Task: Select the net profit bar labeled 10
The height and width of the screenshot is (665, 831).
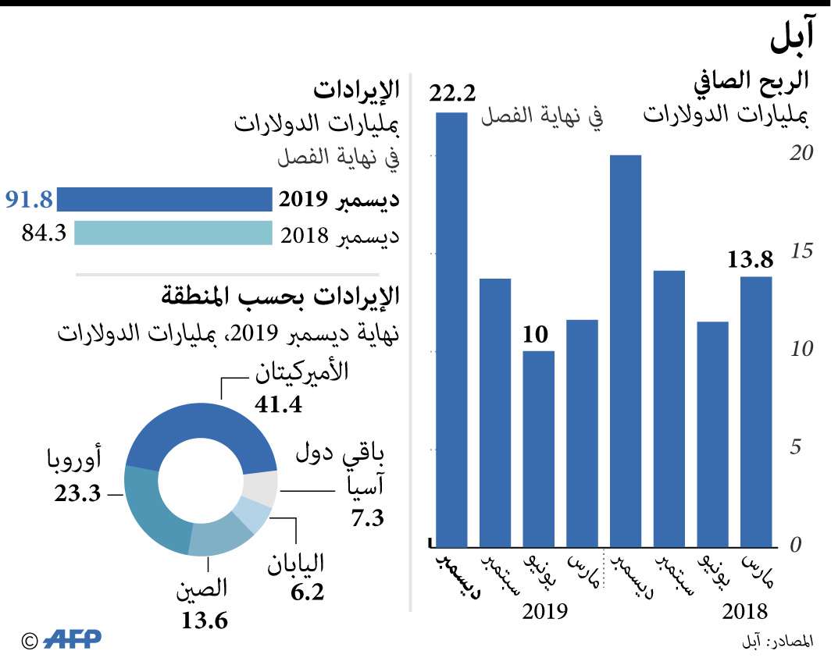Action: (538, 450)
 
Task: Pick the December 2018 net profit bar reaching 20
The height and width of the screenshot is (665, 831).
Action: (625, 351)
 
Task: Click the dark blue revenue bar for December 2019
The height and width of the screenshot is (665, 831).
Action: (164, 200)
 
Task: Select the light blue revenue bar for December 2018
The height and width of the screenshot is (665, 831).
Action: (173, 233)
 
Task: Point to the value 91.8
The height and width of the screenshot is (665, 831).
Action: (29, 200)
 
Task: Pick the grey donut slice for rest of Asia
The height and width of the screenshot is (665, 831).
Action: (260, 490)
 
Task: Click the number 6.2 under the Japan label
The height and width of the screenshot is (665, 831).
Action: (307, 593)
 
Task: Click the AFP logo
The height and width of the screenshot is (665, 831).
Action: (73, 640)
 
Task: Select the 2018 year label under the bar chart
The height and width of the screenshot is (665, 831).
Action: (745, 610)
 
